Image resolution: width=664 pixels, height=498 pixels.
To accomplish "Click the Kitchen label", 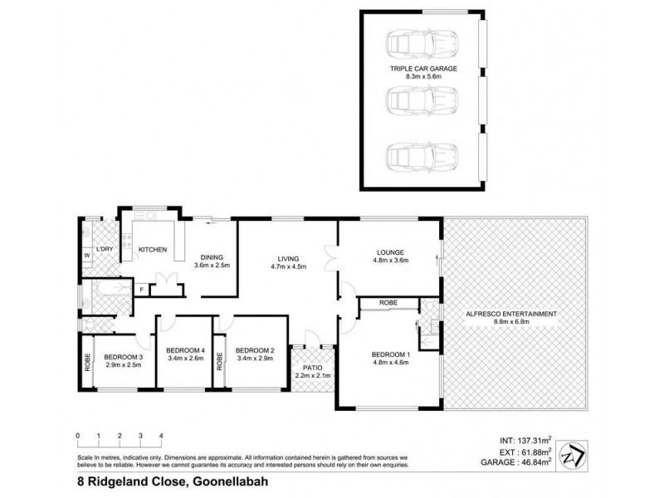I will coord(153,249).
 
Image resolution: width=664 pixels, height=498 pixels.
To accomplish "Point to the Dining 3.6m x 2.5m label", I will coord(211,261).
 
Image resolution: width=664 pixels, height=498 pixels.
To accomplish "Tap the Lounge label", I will coord(389,257).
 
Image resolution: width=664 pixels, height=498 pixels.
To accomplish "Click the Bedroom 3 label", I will coord(124,362).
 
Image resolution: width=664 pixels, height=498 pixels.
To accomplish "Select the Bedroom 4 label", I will coord(186,354).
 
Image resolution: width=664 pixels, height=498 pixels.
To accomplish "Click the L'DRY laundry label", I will coord(104,249).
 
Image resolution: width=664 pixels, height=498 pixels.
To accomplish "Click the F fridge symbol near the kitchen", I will coord(142,290).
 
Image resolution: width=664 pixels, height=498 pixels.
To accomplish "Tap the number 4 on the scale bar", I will coord(161,435).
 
